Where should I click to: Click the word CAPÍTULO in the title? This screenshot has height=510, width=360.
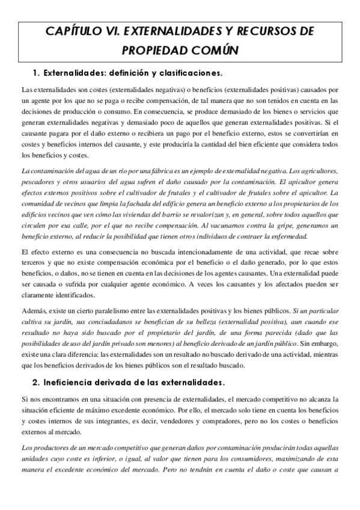click(73, 32)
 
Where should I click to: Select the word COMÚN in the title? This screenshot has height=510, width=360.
click(215, 51)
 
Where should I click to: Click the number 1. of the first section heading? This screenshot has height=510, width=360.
click(37, 73)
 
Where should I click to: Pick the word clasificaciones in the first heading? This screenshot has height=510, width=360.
click(188, 73)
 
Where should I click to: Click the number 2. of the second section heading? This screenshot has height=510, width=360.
click(37, 382)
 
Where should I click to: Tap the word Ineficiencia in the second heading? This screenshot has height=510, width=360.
click(71, 382)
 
